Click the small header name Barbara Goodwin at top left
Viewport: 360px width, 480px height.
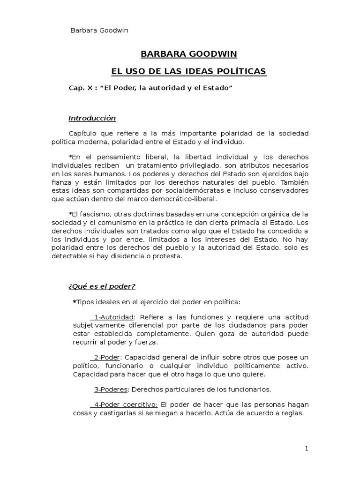[x=99, y=30]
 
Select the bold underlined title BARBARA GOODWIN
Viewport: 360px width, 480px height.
[x=182, y=54]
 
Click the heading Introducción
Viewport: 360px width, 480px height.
[x=92, y=118]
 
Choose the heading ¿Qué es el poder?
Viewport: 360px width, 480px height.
[x=102, y=286]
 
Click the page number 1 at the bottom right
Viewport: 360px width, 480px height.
[x=307, y=449]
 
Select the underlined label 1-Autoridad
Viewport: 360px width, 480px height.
[x=113, y=317]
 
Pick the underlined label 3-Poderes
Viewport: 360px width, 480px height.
[x=111, y=389]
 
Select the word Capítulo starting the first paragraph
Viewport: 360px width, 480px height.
[x=84, y=134]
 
